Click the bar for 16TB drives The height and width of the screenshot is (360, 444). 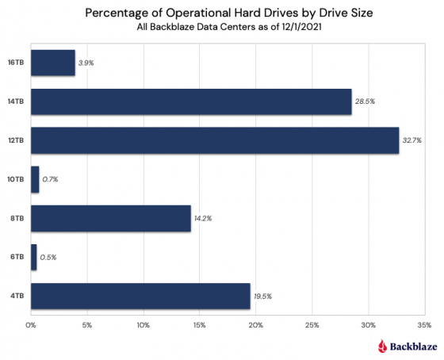click(x=53, y=63)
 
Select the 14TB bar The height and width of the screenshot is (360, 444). click(x=191, y=101)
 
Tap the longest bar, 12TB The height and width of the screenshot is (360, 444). click(x=215, y=140)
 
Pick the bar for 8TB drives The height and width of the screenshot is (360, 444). click(x=111, y=218)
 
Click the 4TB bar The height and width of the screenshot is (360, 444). click(x=140, y=296)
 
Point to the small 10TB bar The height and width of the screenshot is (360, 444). click(x=35, y=179)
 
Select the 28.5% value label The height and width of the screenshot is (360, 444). click(x=365, y=101)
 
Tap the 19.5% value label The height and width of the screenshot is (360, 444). click(x=263, y=296)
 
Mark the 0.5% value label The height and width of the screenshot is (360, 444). click(x=49, y=257)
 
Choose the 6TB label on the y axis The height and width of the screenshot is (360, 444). click(x=17, y=257)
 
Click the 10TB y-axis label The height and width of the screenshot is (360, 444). click(x=16, y=179)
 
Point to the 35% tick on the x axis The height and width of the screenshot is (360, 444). click(x=423, y=324)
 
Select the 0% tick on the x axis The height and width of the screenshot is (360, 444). click(x=31, y=324)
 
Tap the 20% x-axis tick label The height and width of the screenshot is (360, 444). click(x=255, y=324)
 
